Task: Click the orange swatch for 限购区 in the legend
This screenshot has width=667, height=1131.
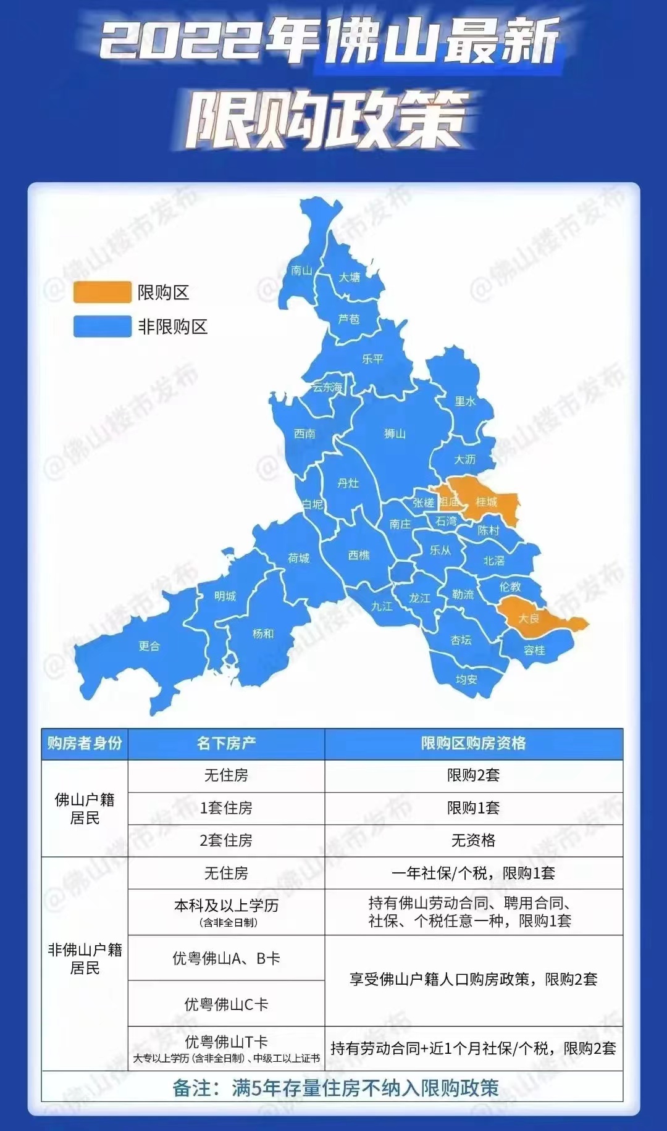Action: [x=103, y=292]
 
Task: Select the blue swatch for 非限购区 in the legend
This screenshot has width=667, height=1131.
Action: [x=103, y=327]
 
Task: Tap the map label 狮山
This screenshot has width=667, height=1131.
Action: [x=395, y=434]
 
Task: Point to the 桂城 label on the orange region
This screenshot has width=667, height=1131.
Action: [x=487, y=502]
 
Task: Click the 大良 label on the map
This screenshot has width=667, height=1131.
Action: [x=529, y=618]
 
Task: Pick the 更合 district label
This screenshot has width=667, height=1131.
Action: [x=149, y=646]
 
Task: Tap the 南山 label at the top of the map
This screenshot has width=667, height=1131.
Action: [x=301, y=270]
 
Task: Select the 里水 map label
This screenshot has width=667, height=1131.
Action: [x=465, y=401]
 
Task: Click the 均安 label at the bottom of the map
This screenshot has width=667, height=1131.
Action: [x=466, y=679]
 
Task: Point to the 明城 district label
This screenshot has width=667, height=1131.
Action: [x=225, y=596]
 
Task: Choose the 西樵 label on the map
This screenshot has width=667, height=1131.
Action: [x=359, y=555]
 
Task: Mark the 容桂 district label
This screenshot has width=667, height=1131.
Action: [x=534, y=650]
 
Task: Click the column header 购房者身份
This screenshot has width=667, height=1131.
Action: [x=85, y=743]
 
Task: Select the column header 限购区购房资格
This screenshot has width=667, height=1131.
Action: [x=473, y=743]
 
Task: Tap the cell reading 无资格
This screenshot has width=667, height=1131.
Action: [x=473, y=840]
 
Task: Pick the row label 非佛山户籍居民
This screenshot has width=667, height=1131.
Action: [x=85, y=958]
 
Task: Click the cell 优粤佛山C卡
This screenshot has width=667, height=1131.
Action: [x=226, y=1004]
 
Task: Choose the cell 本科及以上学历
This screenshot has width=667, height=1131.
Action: [x=226, y=906]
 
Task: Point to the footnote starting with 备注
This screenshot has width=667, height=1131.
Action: [x=335, y=1088]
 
